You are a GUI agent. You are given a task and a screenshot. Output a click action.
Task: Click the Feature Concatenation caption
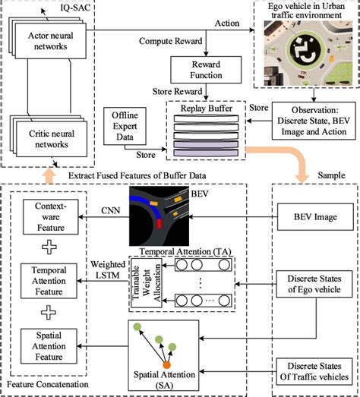pos(47,386)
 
